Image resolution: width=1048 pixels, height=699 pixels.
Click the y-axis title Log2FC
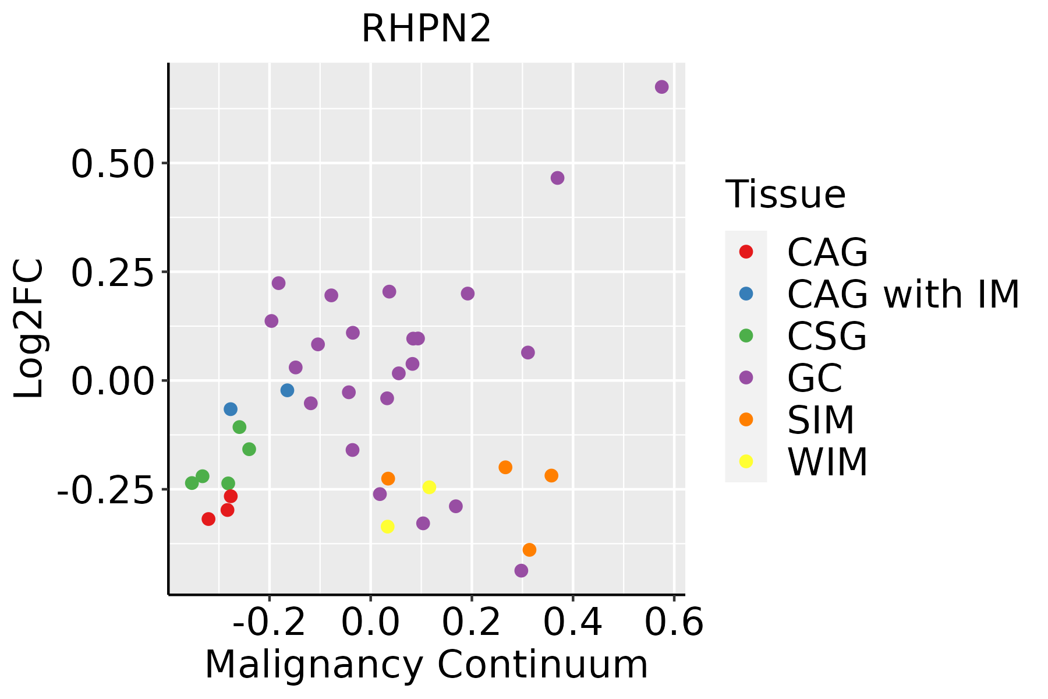[29, 329]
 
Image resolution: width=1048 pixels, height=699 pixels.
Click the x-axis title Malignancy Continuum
[426, 665]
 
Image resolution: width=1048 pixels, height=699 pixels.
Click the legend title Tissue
[785, 195]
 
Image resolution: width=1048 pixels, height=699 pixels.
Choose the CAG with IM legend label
[903, 294]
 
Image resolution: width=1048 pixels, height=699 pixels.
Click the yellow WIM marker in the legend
[746, 461]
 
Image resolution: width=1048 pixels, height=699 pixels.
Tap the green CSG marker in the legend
[746, 336]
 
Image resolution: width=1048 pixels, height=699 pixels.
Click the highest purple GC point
[661, 87]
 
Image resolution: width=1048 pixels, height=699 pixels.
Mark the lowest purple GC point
[521, 570]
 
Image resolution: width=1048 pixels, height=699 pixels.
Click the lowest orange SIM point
[529, 550]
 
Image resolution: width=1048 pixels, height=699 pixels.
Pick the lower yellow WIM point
[387, 527]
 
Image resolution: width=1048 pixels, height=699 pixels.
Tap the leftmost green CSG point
[192, 483]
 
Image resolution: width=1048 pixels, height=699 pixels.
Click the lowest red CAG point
[208, 519]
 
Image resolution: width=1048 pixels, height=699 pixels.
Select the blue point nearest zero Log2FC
[287, 390]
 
